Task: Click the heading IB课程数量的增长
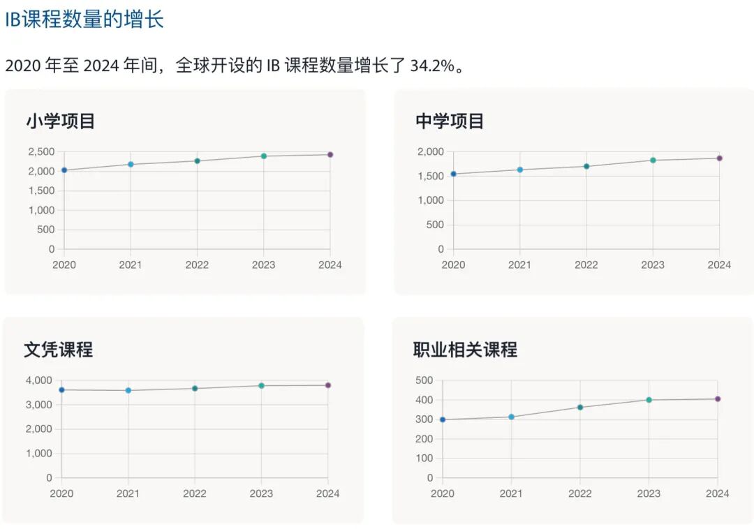click(84, 20)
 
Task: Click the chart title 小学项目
click(60, 121)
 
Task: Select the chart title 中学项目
click(450, 121)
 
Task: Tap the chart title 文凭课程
click(58, 350)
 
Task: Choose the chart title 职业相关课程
click(465, 350)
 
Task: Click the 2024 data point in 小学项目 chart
click(330, 155)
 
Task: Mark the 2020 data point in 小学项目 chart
click(64, 170)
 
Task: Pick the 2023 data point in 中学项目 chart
click(653, 161)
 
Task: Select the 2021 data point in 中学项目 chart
click(520, 170)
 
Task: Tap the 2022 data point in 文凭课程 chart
click(195, 389)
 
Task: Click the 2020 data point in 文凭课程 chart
click(62, 390)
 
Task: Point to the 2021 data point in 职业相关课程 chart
click(511, 417)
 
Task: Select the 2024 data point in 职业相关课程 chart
click(717, 399)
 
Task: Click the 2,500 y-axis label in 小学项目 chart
click(41, 151)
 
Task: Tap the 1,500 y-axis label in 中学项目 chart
click(431, 176)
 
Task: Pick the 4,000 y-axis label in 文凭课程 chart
click(39, 380)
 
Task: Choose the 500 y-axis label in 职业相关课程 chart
click(425, 380)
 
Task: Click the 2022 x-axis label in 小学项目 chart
click(197, 265)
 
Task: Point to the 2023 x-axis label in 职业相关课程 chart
click(649, 493)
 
